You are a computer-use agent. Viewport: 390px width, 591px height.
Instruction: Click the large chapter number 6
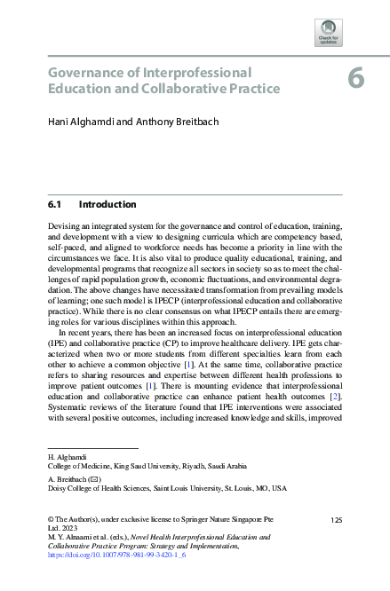tap(355, 78)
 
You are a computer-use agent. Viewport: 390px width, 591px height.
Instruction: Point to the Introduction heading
tap(107, 204)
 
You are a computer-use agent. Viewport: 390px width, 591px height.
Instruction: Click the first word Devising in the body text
tap(65, 228)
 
